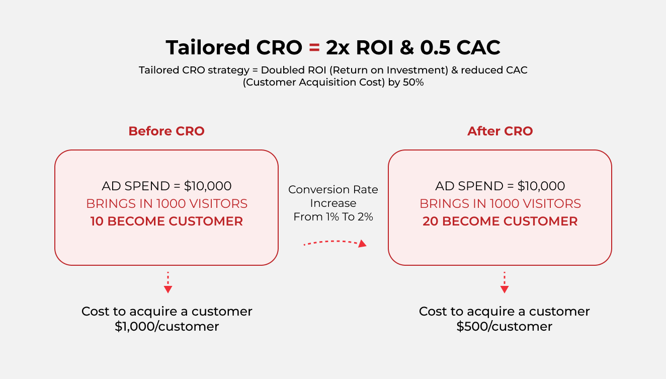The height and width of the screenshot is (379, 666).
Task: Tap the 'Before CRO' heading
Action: (x=166, y=131)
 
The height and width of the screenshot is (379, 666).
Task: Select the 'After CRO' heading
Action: (x=500, y=131)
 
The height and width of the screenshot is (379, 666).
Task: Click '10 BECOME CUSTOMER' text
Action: (x=166, y=221)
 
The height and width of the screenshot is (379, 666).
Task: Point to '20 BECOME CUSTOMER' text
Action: (x=500, y=221)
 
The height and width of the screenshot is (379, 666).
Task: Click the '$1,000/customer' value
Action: (x=167, y=327)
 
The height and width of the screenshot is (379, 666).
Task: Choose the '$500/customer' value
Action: (x=504, y=327)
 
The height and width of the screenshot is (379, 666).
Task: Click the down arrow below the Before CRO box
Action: (x=168, y=282)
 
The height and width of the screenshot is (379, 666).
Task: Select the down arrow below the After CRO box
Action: (x=504, y=282)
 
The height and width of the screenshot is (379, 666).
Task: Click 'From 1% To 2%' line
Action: (x=333, y=217)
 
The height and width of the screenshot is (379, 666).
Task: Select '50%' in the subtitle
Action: (x=413, y=83)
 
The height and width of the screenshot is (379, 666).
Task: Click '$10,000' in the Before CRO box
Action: (x=208, y=186)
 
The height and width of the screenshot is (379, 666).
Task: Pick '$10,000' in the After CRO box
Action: (x=541, y=186)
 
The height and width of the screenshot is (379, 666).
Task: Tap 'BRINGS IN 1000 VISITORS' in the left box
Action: (x=166, y=204)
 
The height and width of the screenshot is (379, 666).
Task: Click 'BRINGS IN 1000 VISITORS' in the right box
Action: (x=500, y=204)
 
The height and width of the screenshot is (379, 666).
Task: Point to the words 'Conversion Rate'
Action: (x=333, y=189)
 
